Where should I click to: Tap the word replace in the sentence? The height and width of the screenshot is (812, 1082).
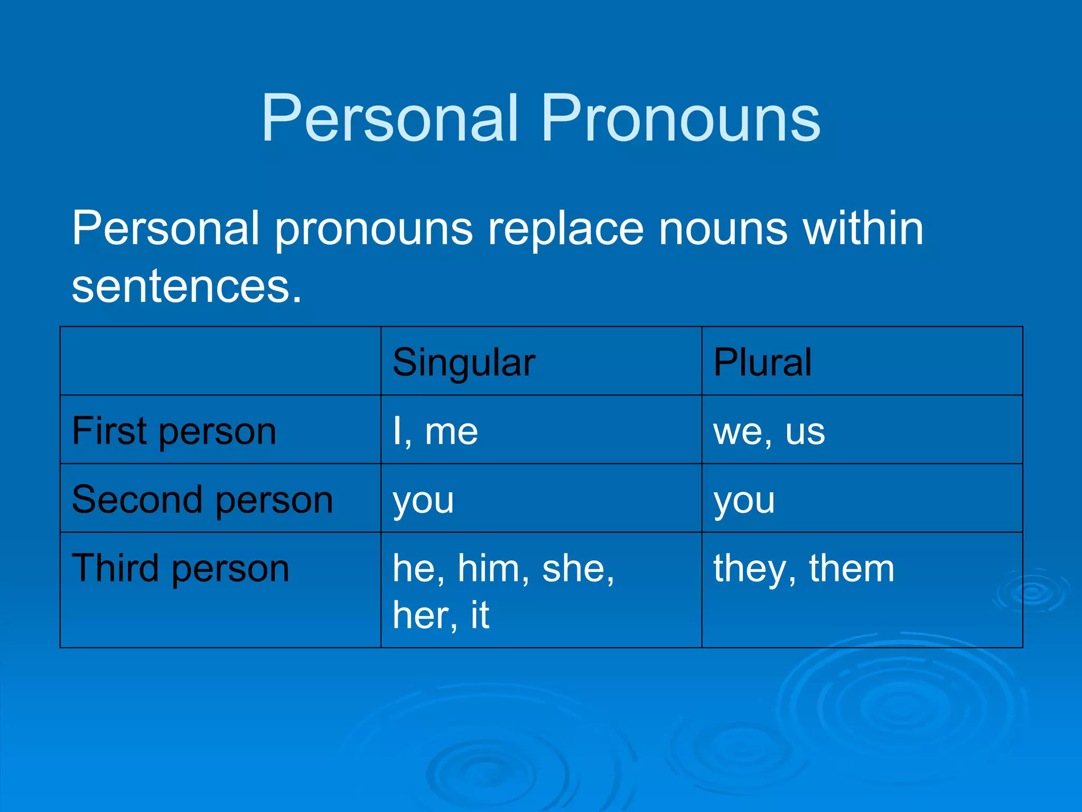click(566, 229)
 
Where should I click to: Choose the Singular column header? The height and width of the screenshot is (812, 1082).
click(464, 363)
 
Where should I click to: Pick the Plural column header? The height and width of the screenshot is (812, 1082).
click(762, 363)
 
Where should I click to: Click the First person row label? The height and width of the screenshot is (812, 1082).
click(174, 431)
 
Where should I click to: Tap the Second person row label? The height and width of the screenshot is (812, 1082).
click(202, 500)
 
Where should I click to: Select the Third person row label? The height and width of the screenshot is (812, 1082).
click(180, 569)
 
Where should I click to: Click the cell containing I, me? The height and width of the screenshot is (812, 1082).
click(435, 431)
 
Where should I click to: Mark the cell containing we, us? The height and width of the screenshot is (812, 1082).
click(769, 431)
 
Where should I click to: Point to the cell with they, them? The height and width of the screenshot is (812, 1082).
click(804, 569)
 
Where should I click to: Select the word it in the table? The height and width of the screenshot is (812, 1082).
click(480, 615)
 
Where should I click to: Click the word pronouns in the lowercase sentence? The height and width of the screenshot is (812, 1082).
click(374, 229)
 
